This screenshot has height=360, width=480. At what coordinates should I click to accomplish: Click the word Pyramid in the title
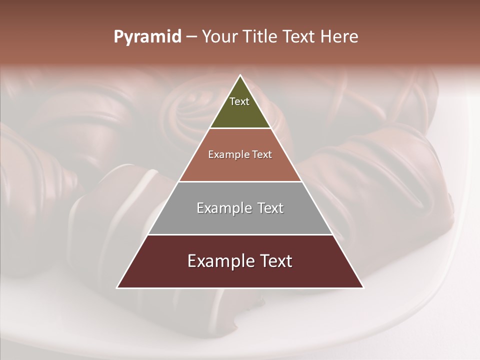pyautogui.click(x=147, y=37)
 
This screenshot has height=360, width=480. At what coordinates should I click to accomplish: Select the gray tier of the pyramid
pyautogui.click(x=240, y=220)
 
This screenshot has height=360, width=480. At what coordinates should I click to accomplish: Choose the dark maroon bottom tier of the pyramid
pyautogui.click(x=240, y=275)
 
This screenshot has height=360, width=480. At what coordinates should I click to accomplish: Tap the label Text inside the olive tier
pyautogui.click(x=239, y=101)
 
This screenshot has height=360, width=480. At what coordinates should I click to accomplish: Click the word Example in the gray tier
pyautogui.click(x=222, y=208)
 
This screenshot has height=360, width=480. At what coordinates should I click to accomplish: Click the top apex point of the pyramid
pyautogui.click(x=240, y=75)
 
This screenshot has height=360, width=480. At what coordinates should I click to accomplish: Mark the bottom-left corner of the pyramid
pyautogui.click(x=117, y=287)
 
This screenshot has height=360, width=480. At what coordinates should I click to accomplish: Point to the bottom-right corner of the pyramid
pyautogui.click(x=363, y=287)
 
